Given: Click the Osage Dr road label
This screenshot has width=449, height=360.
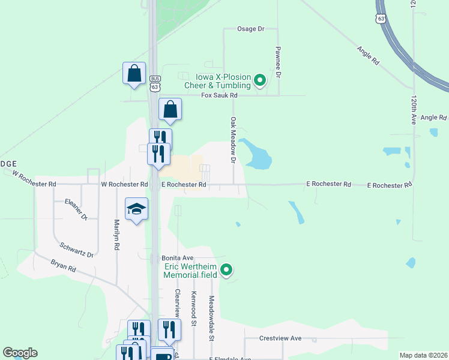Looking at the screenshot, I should pyautogui.click(x=251, y=29).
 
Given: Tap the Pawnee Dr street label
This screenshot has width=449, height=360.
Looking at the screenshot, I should pyautogui.click(x=279, y=62).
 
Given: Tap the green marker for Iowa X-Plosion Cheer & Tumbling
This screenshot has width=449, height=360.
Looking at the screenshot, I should pyautogui.click(x=260, y=80).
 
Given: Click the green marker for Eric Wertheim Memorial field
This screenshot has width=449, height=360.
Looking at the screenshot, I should pyautogui.click(x=226, y=271).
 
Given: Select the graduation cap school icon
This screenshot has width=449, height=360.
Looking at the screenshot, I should pyautogui.click(x=137, y=209).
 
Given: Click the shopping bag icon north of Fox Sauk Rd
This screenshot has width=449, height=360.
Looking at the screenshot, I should pyautogui.click(x=134, y=73).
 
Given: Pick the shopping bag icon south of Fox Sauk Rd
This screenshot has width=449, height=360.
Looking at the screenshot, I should pyautogui.click(x=170, y=110).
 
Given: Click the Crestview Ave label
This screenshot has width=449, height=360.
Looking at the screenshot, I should pyautogui.click(x=280, y=338).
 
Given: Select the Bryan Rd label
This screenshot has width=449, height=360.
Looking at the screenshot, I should pyautogui.click(x=63, y=266).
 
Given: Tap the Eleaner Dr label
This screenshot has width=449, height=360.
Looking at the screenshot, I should pyautogui.click(x=77, y=209).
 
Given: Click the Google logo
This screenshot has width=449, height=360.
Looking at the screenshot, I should pyautogui.click(x=20, y=353).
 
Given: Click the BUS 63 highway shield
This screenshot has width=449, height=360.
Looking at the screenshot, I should pyautogui.click(x=155, y=83).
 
